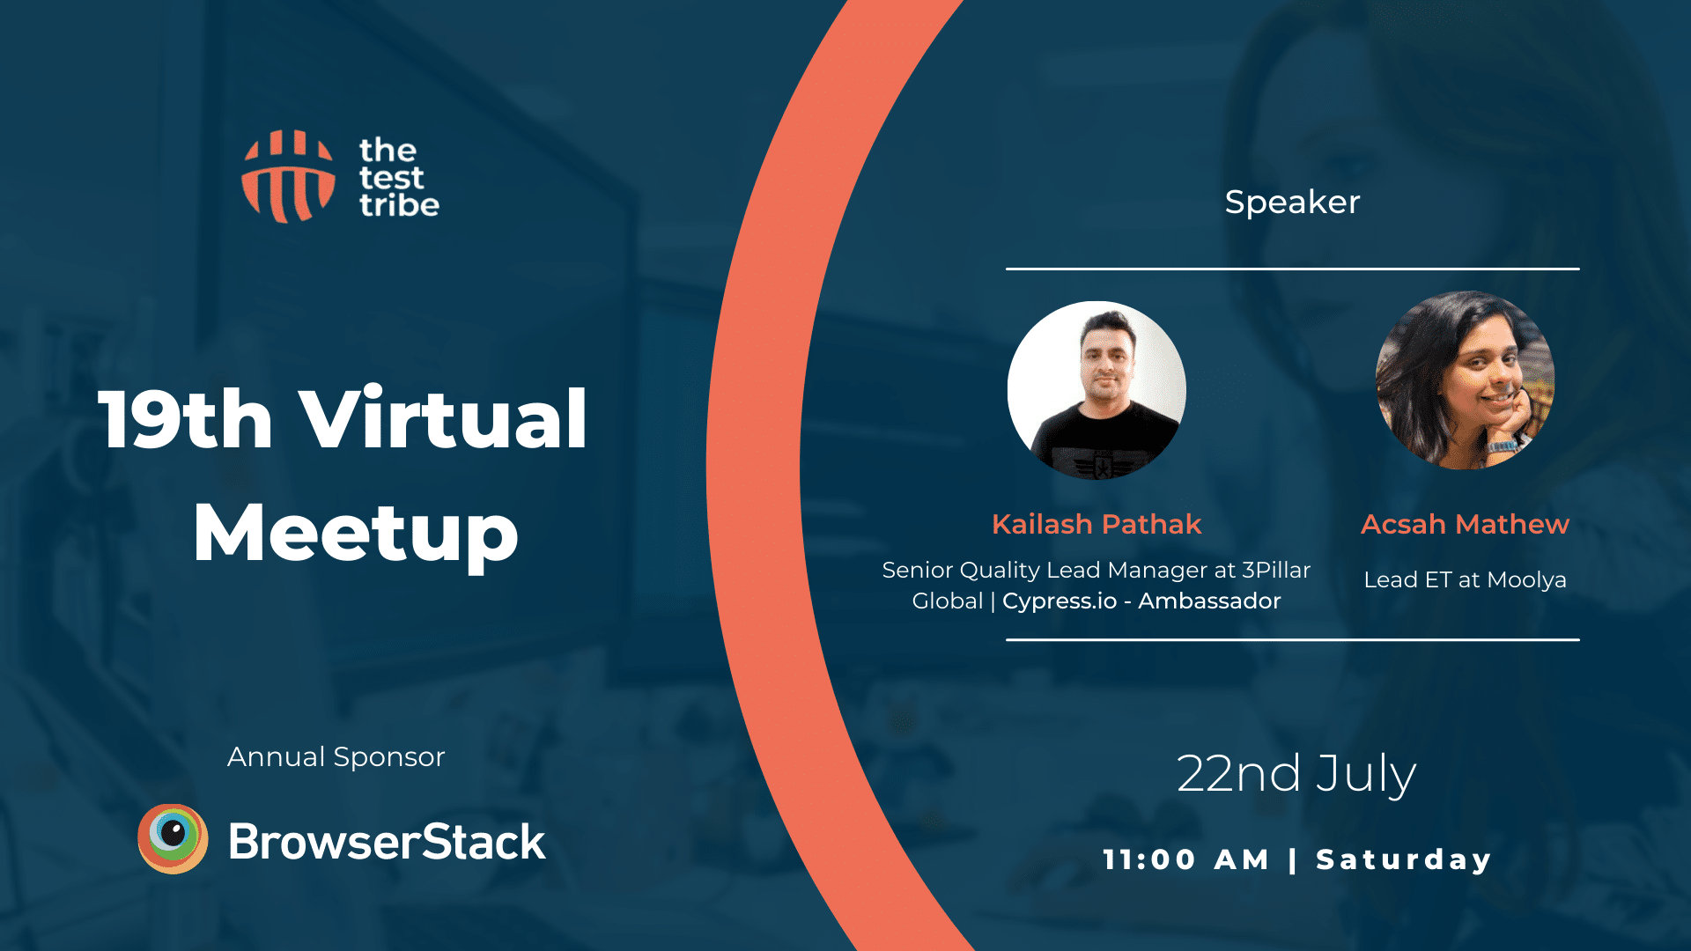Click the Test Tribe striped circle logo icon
point(289,176)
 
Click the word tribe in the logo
point(399,204)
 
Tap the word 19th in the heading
point(185,419)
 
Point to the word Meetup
point(356,533)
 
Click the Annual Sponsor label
point(336,756)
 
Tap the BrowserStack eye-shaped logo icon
point(174,838)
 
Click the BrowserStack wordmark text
point(387,841)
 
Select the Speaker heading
point(1292,203)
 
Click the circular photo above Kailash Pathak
point(1097,390)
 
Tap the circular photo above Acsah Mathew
point(1465,380)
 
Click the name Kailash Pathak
point(1097,524)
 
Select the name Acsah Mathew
point(1465,524)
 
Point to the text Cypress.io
point(1060,601)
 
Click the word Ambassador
point(1209,601)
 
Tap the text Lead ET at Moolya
point(1465,579)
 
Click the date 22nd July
point(1296,774)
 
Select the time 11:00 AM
point(1185,859)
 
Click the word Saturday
point(1404,859)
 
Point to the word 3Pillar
point(1276,570)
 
